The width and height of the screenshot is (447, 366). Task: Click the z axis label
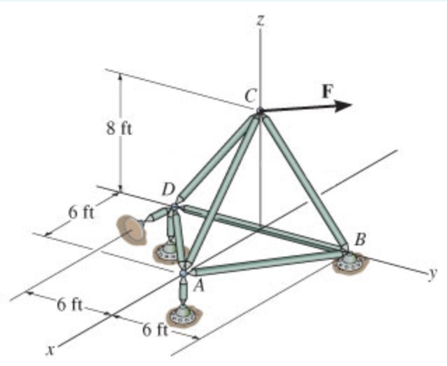[x=260, y=20]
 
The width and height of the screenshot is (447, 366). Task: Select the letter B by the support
[x=359, y=240]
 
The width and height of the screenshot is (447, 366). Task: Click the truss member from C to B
[x=303, y=179]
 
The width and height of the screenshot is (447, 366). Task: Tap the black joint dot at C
[x=260, y=111]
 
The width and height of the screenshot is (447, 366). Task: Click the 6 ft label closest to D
[x=82, y=212]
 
